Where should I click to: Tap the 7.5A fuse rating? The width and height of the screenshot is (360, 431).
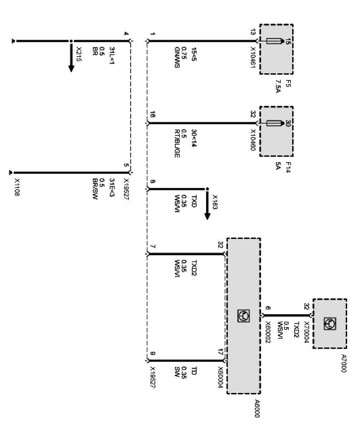(x=278, y=87)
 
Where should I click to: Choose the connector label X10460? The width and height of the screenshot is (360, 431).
(x=253, y=140)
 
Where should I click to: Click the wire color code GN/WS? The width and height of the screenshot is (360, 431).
(x=176, y=58)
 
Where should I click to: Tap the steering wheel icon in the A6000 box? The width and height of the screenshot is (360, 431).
(x=243, y=316)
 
